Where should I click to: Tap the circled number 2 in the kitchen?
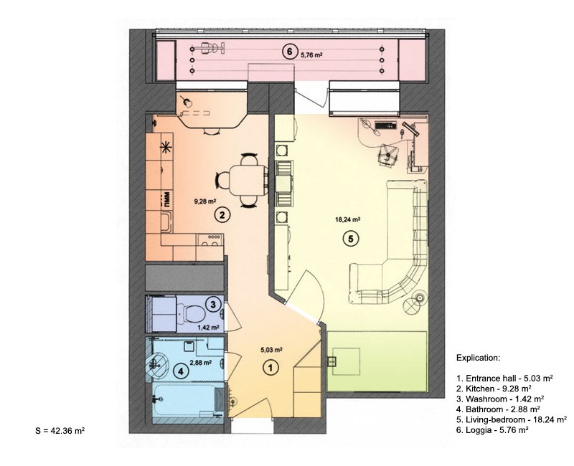point(222,215)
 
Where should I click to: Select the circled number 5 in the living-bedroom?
point(351,239)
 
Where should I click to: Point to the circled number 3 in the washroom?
point(213,304)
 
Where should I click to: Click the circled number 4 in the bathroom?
point(181,371)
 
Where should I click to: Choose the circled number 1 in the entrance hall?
point(271,368)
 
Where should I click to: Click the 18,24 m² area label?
point(348,219)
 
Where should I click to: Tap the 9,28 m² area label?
point(204,201)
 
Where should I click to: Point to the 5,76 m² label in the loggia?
point(311,56)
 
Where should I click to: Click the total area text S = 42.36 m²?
point(60,431)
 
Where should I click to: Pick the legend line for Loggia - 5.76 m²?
point(492,430)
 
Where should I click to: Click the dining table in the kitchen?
point(248,181)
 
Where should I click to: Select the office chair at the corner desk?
point(387,155)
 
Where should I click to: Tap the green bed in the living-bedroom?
point(377,361)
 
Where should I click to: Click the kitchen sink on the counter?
point(166,223)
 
